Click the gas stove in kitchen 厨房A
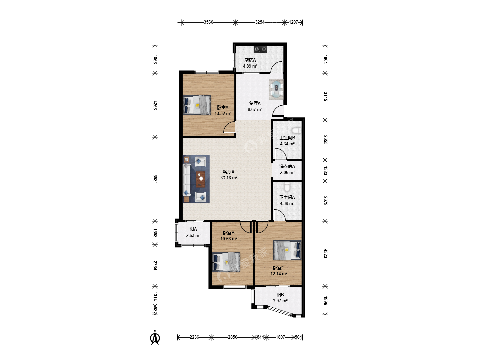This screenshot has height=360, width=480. click(x=260, y=49)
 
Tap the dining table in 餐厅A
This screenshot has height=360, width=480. click(x=276, y=89)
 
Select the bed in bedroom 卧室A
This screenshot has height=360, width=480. click(x=197, y=105)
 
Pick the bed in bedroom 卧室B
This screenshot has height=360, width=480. click(x=226, y=262)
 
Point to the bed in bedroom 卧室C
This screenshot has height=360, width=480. click(x=287, y=250)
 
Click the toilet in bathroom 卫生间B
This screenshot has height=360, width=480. click(x=296, y=130)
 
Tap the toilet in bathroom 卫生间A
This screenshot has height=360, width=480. click(x=287, y=187)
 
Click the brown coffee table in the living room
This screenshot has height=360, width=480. click(x=201, y=179)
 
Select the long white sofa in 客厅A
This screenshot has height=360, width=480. click(x=187, y=179)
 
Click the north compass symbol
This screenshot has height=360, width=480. click(x=155, y=337)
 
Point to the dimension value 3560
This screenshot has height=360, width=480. click(x=208, y=22)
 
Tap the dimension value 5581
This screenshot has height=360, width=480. click(x=155, y=179)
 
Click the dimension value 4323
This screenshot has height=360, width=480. click(x=325, y=254)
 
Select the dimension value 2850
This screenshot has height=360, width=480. click(x=232, y=337)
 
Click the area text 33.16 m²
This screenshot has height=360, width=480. click(x=229, y=178)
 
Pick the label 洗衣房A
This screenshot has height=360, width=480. click(x=287, y=166)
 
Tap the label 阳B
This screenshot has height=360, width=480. click(x=280, y=295)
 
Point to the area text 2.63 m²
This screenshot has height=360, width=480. click(x=193, y=235)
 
